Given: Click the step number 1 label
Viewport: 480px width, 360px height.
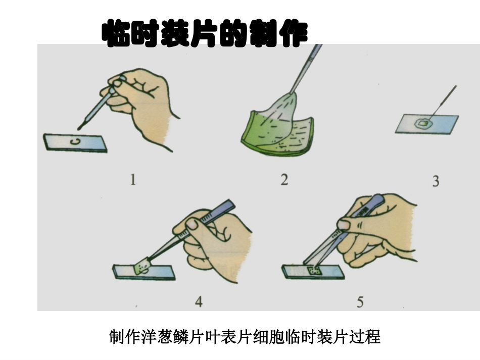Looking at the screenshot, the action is click(133, 180).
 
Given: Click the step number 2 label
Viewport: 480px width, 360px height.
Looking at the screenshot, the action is click(284, 180).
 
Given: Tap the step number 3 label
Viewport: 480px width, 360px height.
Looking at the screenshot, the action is click(436, 181).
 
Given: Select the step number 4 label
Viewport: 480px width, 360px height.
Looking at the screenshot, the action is click(199, 302).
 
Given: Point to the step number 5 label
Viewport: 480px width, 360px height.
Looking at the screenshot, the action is click(360, 302).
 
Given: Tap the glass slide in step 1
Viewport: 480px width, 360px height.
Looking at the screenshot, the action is click(75, 142).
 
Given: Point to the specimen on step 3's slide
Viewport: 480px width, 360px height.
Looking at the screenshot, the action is click(423, 123).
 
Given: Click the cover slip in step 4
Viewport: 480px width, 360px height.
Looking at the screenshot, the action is click(142, 266).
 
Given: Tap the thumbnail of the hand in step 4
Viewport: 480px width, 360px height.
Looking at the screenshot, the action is click(192, 224).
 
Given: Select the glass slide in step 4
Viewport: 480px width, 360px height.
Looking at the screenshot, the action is click(144, 272).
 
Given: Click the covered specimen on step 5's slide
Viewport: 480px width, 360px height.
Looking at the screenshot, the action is click(313, 271).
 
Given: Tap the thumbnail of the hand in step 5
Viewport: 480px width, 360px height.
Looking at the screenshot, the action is click(345, 225).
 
